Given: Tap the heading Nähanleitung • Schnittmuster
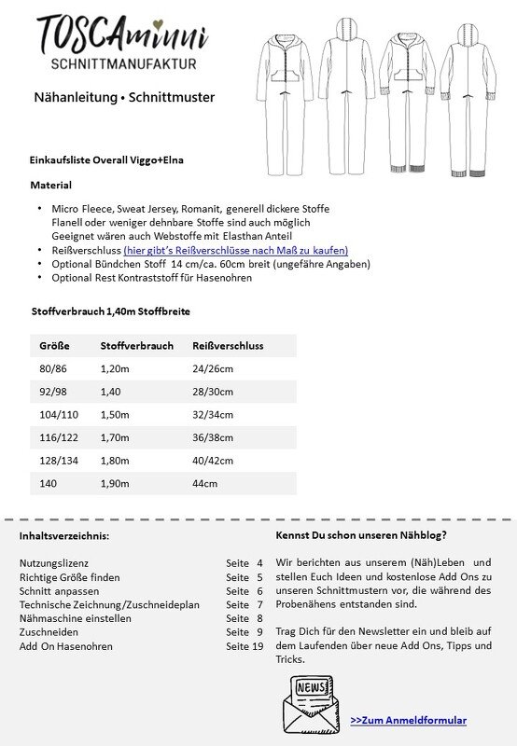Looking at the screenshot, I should tap(123, 97).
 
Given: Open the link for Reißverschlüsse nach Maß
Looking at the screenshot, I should tap(236, 250).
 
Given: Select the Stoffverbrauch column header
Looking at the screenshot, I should tap(136, 345).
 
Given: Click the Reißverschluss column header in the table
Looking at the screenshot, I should tap(228, 345).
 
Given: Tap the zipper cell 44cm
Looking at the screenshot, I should tap(204, 483).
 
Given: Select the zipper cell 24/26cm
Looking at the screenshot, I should tap(214, 369).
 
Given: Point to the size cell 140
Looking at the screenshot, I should tap(48, 483).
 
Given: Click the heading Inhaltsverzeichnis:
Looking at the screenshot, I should tap(64, 536).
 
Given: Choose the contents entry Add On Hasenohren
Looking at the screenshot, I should tap(65, 646).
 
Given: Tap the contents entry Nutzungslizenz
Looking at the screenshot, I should tap(53, 563).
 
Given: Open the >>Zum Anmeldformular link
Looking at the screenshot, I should tap(408, 720).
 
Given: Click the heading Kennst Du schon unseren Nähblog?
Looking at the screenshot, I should tap(361, 535).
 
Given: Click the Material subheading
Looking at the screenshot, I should tap(50, 185).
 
